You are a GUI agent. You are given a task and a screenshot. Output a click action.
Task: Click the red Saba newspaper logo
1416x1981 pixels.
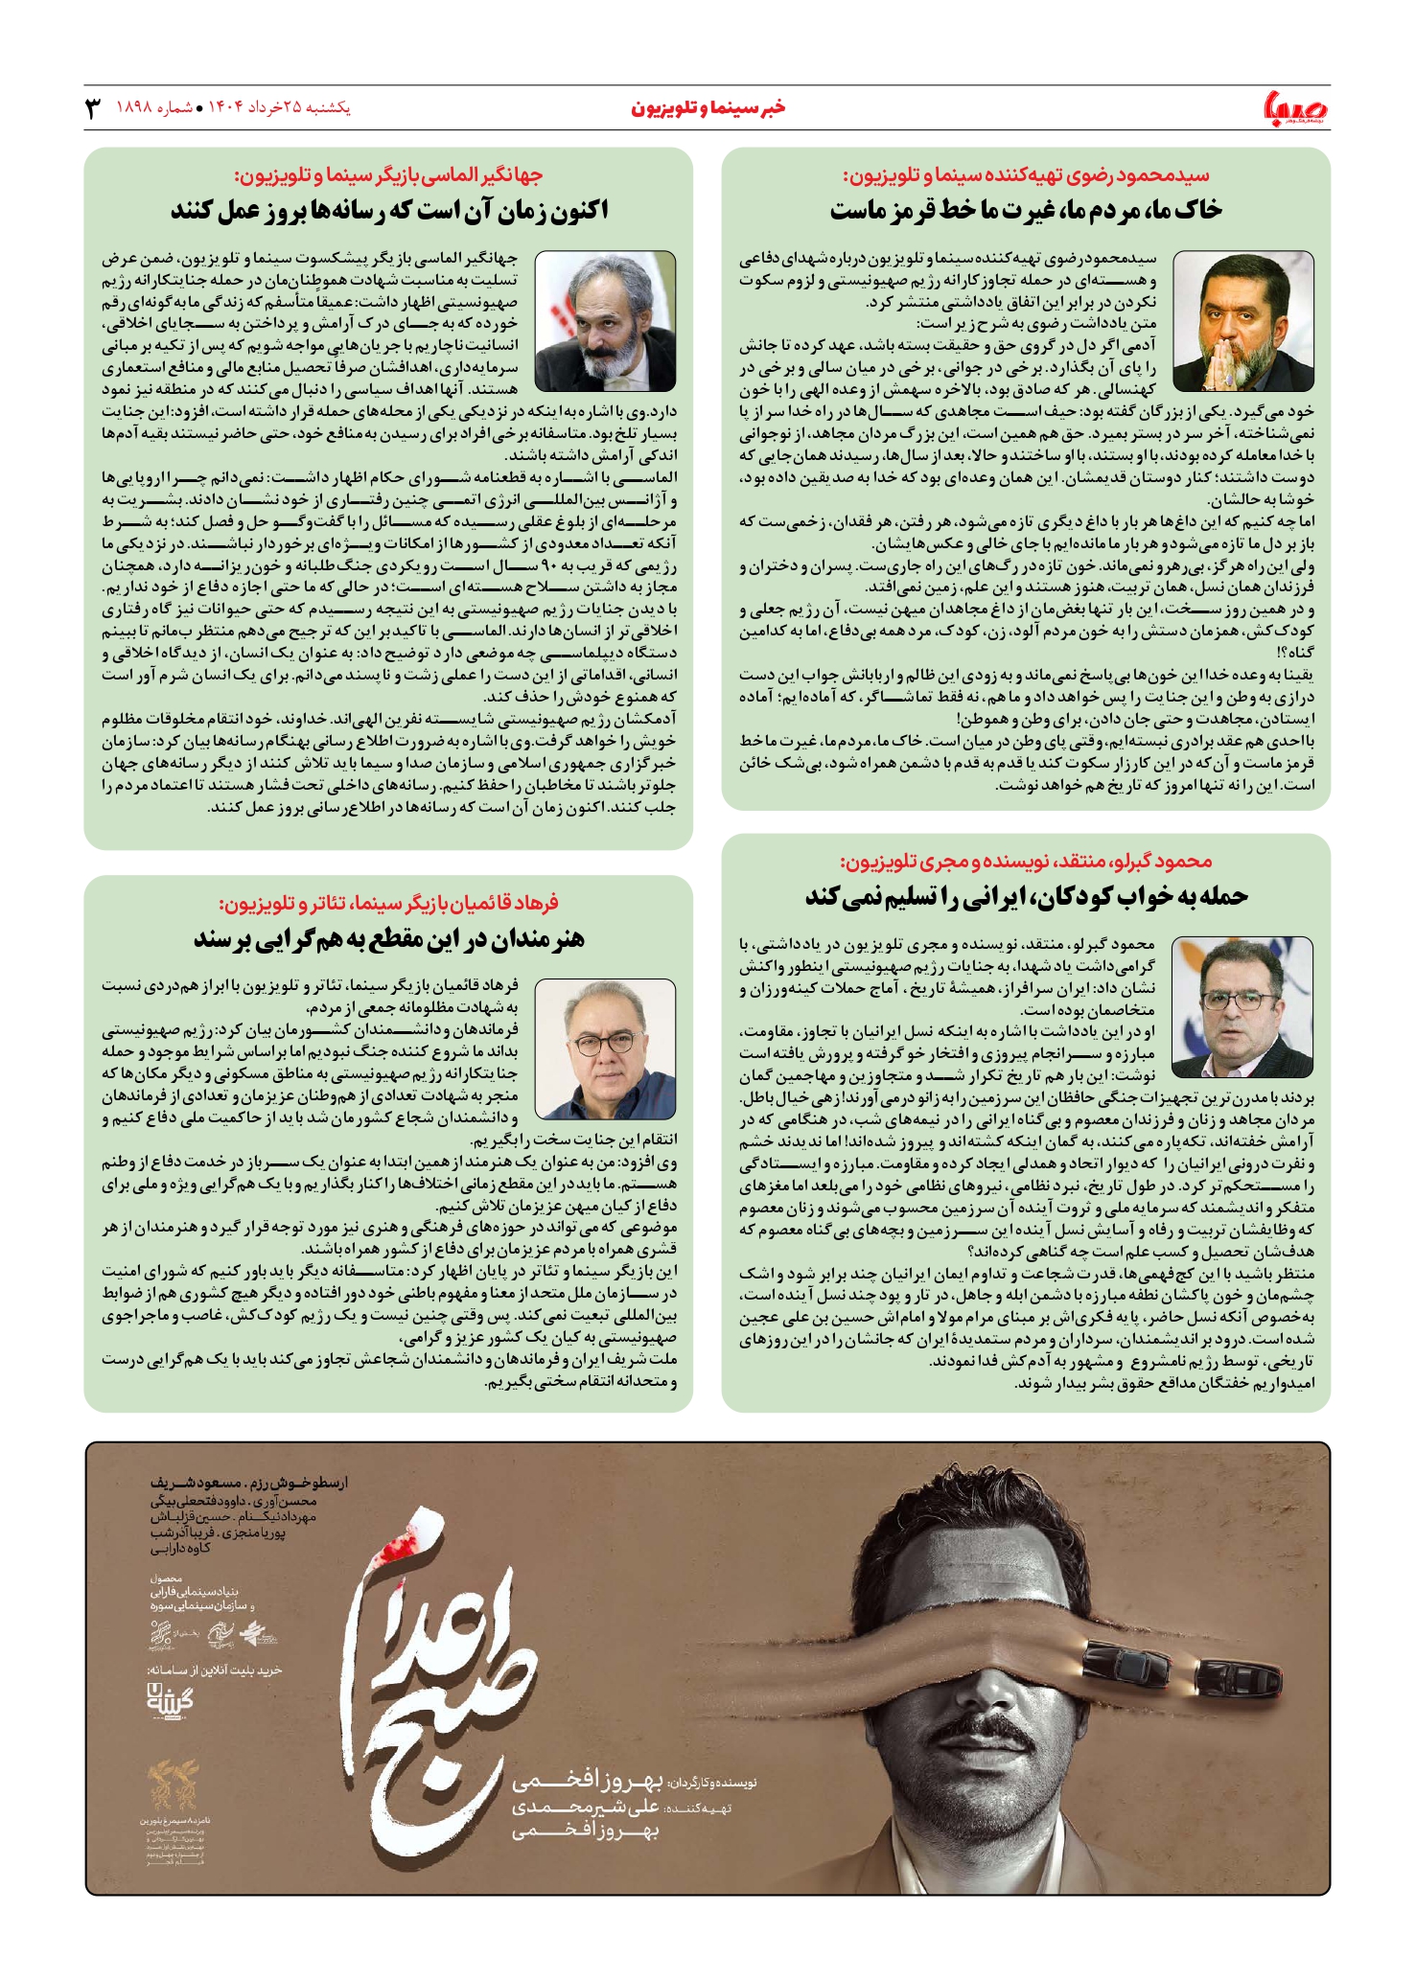tap(1296, 108)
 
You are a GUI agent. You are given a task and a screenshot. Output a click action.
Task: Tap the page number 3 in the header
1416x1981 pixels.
tap(93, 107)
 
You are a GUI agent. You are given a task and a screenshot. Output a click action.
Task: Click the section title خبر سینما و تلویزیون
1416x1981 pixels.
tap(708, 107)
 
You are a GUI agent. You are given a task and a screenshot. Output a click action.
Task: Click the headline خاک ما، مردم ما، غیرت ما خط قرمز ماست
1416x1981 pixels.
tap(1025, 211)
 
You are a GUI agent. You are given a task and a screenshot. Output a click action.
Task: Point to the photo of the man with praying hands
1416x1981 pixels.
tap(1242, 321)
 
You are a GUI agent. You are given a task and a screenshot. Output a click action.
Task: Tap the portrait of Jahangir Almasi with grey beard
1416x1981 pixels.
tap(605, 321)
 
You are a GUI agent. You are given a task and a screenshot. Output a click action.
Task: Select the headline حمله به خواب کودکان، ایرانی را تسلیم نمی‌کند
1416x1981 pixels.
tap(1025, 896)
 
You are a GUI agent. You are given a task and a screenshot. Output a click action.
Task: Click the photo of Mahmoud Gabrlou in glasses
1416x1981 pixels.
tap(1242, 1007)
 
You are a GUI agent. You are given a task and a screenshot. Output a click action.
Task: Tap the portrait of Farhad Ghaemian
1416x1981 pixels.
tap(605, 1048)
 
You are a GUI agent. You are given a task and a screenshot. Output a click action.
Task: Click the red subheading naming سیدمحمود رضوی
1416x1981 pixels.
tap(1025, 175)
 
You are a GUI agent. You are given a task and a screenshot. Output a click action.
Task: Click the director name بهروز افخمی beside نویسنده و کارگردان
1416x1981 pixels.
tap(587, 1783)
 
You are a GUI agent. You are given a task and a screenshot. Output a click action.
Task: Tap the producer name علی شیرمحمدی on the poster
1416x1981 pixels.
tap(587, 1808)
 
